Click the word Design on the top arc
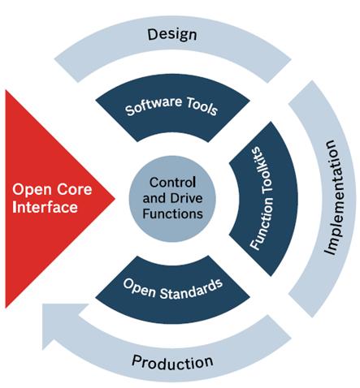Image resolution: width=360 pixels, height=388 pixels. click(172, 35)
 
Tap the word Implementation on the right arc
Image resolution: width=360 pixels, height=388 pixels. click(334, 197)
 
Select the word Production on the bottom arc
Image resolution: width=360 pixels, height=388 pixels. click(172, 362)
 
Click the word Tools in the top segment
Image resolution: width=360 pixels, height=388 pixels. click(202, 106)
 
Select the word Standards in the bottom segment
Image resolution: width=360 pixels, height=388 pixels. click(191, 290)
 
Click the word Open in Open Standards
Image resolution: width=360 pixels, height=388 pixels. click(139, 287)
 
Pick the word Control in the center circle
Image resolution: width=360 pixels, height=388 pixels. click(172, 183)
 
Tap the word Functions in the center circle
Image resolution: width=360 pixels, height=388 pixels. click(172, 213)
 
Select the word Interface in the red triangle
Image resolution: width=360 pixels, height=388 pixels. click(45, 207)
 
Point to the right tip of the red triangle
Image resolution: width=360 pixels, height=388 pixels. click(115, 198)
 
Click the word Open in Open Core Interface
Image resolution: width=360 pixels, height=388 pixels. click(33, 190)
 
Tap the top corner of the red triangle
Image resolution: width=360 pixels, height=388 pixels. click(6, 90)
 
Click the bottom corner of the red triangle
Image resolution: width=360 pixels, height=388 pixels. click(6, 308)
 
